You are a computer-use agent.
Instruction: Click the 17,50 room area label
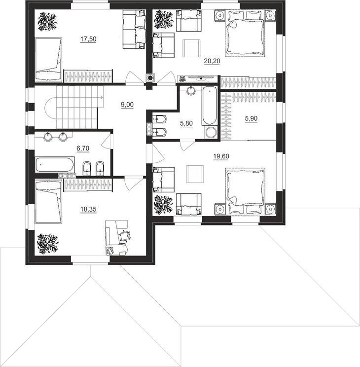(x=88, y=39)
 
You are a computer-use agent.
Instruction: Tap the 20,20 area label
(x=212, y=61)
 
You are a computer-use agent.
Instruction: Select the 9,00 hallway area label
(x=127, y=105)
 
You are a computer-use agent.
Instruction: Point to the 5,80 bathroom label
(x=186, y=123)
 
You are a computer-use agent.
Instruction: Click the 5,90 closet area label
(x=251, y=119)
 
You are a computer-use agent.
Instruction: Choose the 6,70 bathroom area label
(x=83, y=148)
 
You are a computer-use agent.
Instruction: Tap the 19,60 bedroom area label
(x=221, y=156)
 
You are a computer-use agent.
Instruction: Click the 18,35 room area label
(x=88, y=210)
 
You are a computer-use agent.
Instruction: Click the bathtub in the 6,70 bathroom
(x=55, y=165)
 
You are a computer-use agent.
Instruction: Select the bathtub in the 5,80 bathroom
(x=210, y=106)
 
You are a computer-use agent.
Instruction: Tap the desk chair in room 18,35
(x=125, y=235)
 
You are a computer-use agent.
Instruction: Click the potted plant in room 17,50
(x=48, y=22)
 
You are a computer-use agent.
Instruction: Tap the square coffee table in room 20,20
(x=192, y=48)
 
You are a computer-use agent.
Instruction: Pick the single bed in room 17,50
(x=49, y=60)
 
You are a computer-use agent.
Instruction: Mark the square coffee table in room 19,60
(x=195, y=174)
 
